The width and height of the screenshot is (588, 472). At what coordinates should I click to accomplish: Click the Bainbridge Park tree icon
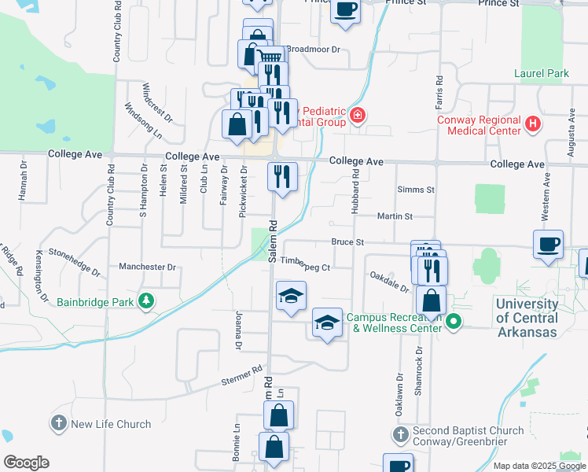[x=145, y=301]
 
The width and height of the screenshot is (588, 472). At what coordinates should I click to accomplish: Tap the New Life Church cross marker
[x=58, y=424]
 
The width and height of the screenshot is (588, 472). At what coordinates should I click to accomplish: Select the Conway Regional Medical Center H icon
[x=534, y=124]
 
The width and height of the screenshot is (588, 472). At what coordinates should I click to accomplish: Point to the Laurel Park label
[x=541, y=74]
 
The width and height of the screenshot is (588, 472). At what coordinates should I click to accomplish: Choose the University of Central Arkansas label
[x=527, y=318]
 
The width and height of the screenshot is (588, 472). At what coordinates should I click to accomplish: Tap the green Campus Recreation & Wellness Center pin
[x=453, y=321]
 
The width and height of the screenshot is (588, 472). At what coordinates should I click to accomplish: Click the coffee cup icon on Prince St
[x=345, y=10]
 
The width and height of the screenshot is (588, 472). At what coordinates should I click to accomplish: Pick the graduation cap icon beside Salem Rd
[x=291, y=296]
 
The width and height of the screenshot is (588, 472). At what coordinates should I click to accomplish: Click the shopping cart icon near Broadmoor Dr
[x=270, y=57]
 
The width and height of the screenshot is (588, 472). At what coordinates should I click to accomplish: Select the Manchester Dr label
[x=149, y=267]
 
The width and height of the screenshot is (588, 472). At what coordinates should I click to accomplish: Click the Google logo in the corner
[x=26, y=463]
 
